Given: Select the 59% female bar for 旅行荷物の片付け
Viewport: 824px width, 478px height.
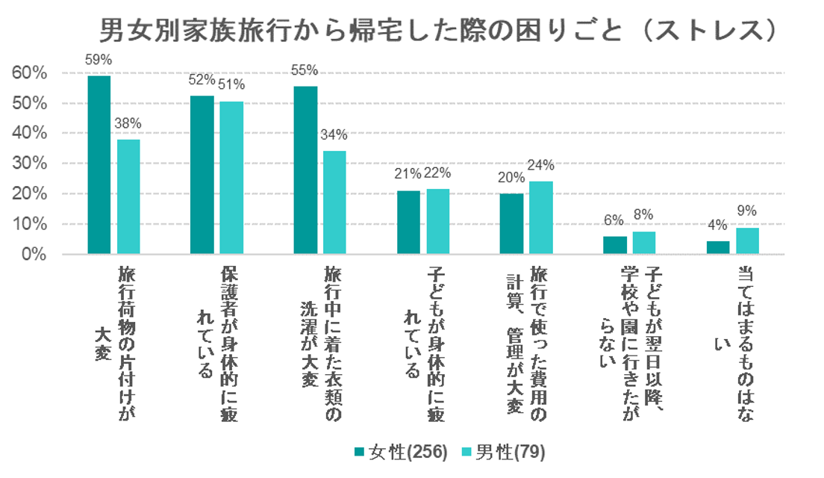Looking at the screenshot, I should (x=99, y=165).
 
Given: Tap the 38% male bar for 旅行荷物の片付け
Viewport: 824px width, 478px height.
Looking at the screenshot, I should (x=128, y=196).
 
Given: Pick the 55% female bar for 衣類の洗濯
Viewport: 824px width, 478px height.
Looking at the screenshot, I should (x=305, y=170).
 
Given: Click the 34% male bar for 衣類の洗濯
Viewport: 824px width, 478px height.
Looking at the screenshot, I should (x=334, y=202).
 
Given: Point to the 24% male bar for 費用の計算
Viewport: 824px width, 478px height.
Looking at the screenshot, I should (x=540, y=217).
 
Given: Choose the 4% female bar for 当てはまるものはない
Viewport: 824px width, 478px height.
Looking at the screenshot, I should (x=717, y=247).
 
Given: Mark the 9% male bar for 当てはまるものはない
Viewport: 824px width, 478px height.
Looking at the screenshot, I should (x=747, y=240).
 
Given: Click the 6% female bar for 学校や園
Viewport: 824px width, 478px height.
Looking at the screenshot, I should (x=615, y=245).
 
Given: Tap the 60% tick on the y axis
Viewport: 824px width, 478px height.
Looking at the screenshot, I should (x=30, y=73).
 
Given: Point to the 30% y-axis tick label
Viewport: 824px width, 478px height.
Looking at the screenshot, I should (x=30, y=164).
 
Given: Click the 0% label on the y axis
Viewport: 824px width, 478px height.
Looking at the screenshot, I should (x=34, y=255).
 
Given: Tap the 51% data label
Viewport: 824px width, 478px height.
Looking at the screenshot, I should (x=231, y=85).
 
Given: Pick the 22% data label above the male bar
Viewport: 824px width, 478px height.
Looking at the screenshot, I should (x=438, y=174).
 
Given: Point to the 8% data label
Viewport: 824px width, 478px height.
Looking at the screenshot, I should (x=643, y=215).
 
